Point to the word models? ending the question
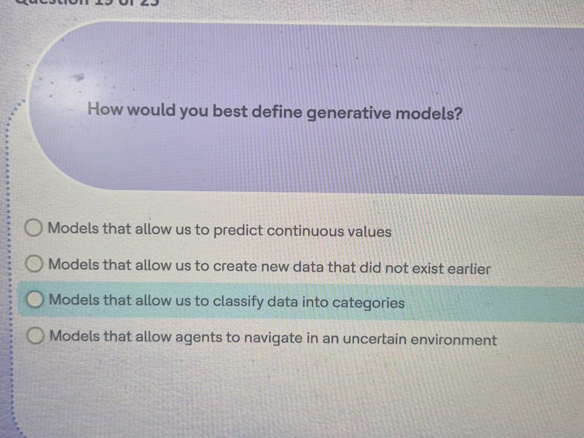(x=429, y=113)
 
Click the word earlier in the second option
(x=469, y=269)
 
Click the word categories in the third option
(x=368, y=303)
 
